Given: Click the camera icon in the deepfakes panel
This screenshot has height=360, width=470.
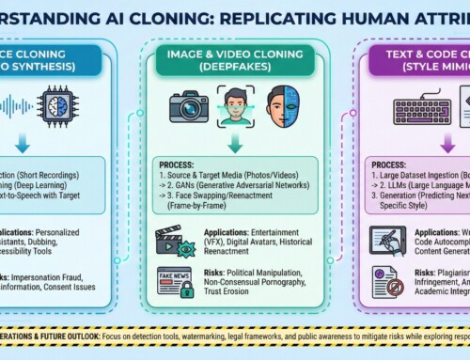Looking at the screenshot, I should pyautogui.click(x=189, y=105).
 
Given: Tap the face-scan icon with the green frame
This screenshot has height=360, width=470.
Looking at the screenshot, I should pyautogui.click(x=236, y=104).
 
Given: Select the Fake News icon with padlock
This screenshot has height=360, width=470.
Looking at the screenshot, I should pyautogui.click(x=173, y=280).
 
